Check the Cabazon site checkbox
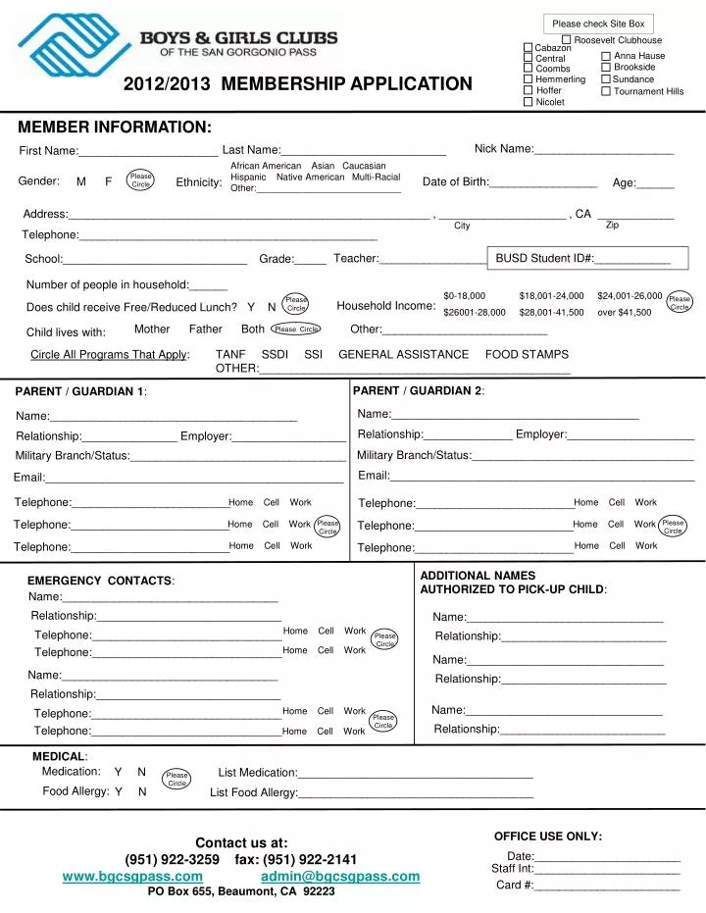point(529,48)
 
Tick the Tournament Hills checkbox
point(606,91)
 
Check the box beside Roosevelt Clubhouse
point(567,39)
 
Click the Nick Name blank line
point(604,150)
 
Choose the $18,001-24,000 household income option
point(551,295)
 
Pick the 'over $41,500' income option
point(624,312)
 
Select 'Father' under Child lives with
point(205,330)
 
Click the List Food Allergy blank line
point(416,793)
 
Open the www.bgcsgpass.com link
point(132,876)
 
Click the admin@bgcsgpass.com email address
point(340,876)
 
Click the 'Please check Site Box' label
point(598,24)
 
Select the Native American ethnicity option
point(311,178)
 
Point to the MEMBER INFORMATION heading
point(114,127)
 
